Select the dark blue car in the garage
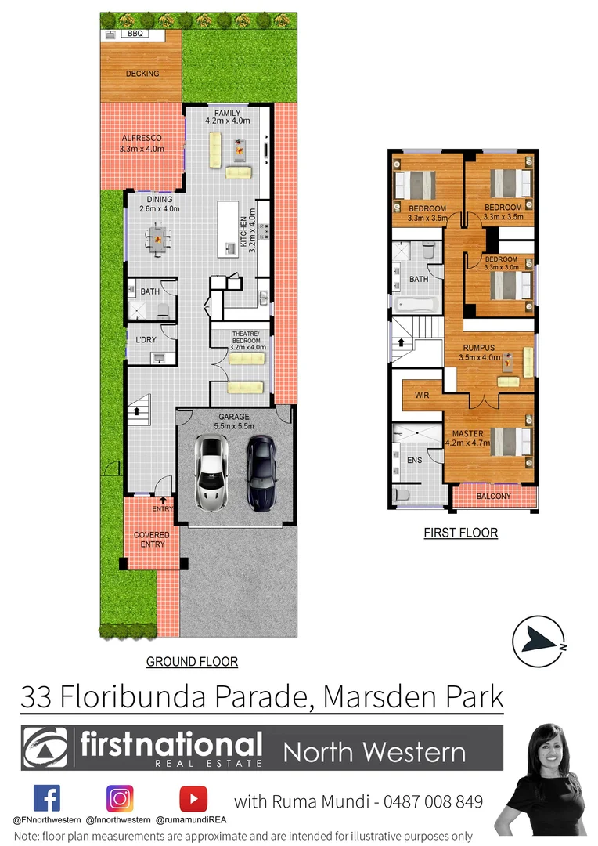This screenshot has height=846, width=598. pos(261,473)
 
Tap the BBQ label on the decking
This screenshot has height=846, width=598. pos(136,34)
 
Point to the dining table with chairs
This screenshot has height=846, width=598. pos(159,237)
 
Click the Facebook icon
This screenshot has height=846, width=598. pos(47,798)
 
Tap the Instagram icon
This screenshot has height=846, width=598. pos(120,798)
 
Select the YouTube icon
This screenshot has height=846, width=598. pos(193,798)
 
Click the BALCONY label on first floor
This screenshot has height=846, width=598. pos(493,496)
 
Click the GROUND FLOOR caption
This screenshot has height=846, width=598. pos(192,662)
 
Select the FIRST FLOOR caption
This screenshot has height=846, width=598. pos(461,533)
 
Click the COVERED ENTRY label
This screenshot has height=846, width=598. pos(152,540)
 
